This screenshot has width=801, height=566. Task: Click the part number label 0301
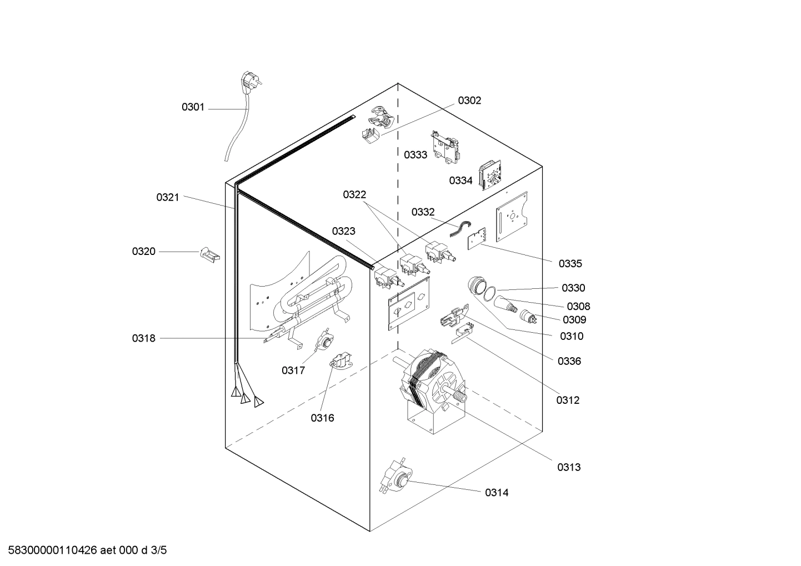[x=193, y=107]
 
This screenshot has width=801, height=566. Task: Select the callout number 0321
[x=167, y=197]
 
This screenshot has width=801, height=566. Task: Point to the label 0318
[x=143, y=338]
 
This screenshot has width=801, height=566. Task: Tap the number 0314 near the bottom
[x=496, y=493]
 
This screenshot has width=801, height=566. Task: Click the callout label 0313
[x=569, y=467]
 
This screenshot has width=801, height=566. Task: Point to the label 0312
[x=568, y=400]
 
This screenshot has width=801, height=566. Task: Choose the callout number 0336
[x=569, y=361]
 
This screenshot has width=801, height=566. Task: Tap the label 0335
[x=570, y=264]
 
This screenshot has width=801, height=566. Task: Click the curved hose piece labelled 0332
[x=461, y=228]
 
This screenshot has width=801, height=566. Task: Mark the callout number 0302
[x=469, y=101]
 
